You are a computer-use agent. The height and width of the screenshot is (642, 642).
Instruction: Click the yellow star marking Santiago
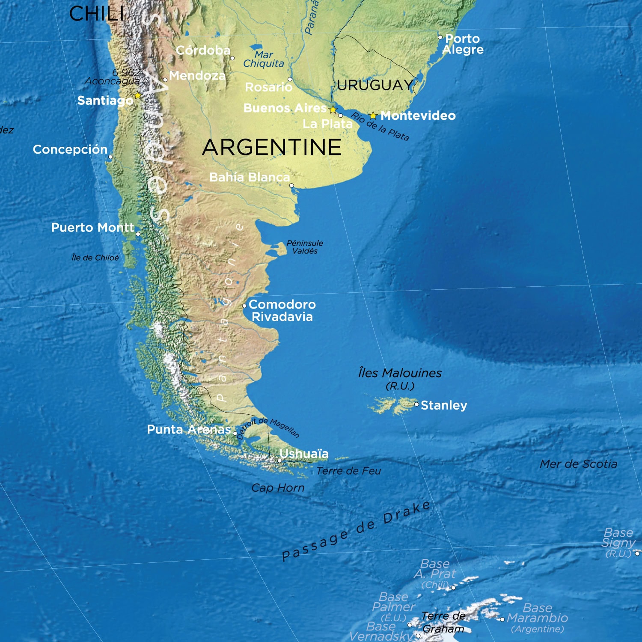tap(137, 96)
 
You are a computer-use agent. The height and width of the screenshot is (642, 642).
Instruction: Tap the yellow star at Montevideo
tap(373, 116)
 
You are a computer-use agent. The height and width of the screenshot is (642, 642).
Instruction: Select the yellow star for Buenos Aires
tap(333, 110)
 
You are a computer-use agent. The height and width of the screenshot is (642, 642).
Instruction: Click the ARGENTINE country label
tap(272, 147)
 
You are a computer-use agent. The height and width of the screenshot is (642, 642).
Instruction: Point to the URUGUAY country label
tap(375, 85)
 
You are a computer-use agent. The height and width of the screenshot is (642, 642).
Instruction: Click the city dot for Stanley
tap(416, 404)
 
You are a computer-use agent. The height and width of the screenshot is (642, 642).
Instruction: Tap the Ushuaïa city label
tap(304, 454)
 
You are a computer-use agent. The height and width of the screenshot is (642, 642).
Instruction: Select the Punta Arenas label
tap(189, 429)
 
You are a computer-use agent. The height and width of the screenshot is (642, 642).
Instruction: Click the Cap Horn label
tap(278, 488)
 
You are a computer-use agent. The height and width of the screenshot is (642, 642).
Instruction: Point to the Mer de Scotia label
tap(578, 464)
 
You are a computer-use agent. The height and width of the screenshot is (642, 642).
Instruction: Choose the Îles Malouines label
tap(400, 373)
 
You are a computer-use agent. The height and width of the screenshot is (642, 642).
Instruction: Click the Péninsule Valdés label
tap(305, 247)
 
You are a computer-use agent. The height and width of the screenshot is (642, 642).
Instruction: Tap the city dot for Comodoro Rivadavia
tap(244, 306)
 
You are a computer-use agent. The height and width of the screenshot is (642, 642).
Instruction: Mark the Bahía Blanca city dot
tap(291, 185)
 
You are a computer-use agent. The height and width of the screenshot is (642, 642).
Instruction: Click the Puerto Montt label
tap(92, 227)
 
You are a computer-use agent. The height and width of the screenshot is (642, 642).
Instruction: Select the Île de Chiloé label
tap(95, 258)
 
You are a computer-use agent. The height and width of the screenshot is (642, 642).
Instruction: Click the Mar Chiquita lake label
tap(264, 59)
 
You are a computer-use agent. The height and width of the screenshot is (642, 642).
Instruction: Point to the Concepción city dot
tap(110, 157)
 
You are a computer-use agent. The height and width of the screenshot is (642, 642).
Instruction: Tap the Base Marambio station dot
tap(502, 619)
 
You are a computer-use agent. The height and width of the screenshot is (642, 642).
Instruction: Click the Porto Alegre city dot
tap(440, 38)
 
